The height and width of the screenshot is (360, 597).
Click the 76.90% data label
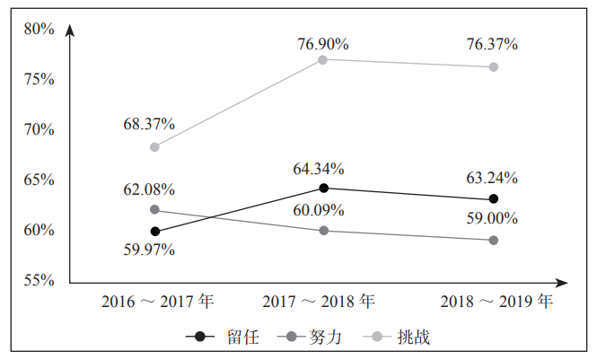[323, 44]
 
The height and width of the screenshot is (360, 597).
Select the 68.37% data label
[149, 123]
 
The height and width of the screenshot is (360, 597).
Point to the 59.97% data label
[149, 250]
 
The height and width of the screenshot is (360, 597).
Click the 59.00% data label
[491, 217]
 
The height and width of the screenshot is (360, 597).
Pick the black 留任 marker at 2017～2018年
[323, 188]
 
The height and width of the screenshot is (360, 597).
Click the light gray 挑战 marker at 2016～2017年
[154, 146]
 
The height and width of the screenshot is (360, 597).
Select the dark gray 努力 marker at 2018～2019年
[493, 241]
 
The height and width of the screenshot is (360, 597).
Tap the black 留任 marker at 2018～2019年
[493, 198]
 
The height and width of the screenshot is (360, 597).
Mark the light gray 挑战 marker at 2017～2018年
[323, 59]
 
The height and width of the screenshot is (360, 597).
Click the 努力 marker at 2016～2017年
[154, 209]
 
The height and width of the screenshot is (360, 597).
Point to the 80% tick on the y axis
[40, 29]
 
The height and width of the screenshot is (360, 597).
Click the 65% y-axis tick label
[40, 180]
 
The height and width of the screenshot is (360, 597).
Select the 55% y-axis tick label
[40, 280]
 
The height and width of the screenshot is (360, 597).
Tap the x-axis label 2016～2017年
[157, 301]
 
